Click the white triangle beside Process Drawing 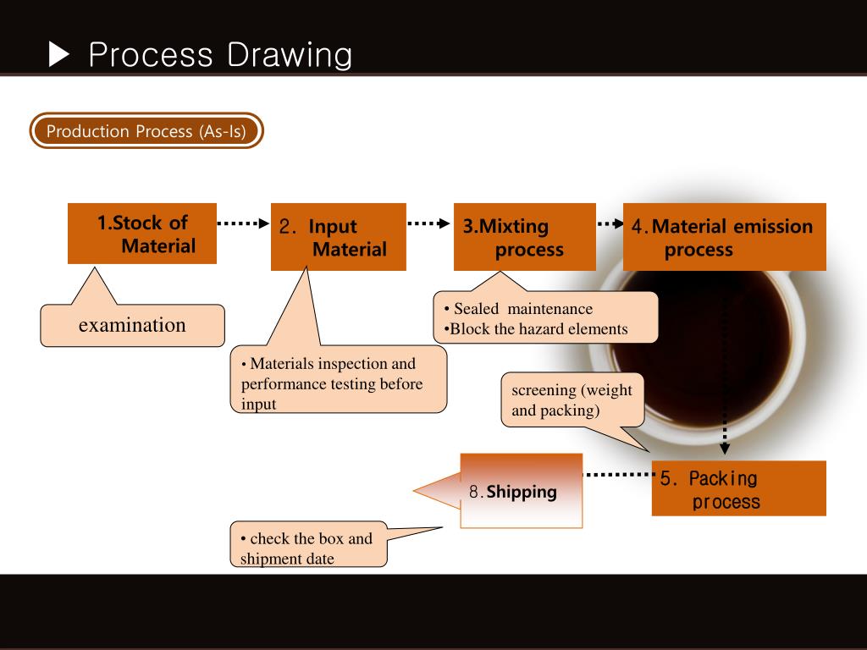tap(61, 55)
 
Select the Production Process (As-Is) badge tap(146, 131)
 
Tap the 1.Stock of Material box tap(142, 234)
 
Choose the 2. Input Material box tap(338, 237)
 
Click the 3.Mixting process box tap(524, 237)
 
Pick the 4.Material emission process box tap(724, 237)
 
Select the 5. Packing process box tap(738, 489)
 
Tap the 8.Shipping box tap(522, 491)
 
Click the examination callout tap(132, 326)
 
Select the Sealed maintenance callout tap(545, 318)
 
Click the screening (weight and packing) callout tap(572, 400)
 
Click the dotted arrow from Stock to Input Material tap(243, 223)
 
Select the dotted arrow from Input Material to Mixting tap(429, 223)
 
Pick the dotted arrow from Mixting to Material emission tap(610, 224)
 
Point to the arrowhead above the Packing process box tap(724, 449)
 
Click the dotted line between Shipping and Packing tap(618, 475)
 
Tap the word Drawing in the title tap(289, 55)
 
